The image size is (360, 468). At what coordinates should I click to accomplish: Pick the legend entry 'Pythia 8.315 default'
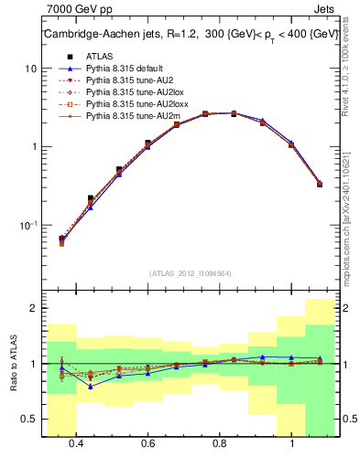pos(126,69)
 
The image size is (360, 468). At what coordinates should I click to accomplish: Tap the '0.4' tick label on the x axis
pos(76,443)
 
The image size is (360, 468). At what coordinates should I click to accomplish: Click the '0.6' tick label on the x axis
pos(147,443)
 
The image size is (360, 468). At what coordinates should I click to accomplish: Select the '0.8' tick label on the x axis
pos(220,443)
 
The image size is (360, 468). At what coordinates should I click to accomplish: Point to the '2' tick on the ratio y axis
pos(33,309)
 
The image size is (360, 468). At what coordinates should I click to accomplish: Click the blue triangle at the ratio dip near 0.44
pos(90,386)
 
